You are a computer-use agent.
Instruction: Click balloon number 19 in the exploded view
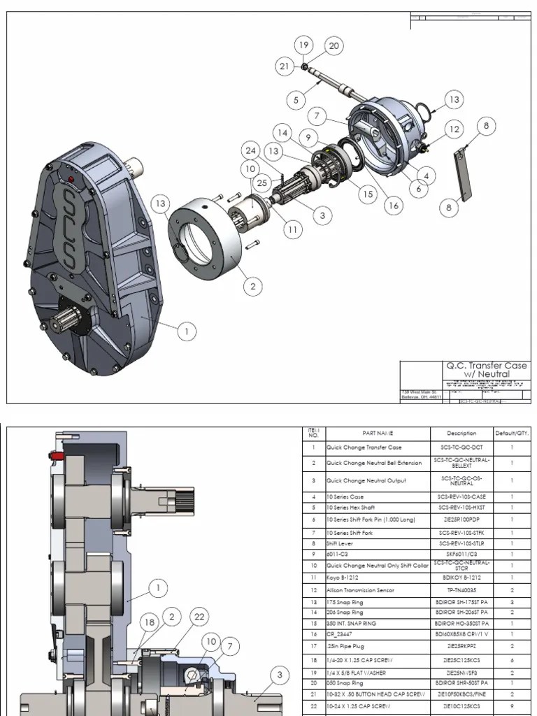click(303, 45)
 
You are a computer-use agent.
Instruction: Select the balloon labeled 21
click(284, 66)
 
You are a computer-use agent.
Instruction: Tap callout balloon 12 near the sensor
click(454, 129)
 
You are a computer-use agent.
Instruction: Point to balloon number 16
click(394, 206)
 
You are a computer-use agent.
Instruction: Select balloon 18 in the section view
click(149, 622)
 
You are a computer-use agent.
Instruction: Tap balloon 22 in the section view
click(199, 616)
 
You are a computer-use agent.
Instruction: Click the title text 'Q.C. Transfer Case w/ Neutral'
click(487, 369)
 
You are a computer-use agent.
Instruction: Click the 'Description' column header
click(461, 433)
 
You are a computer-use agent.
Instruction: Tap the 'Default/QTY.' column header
click(513, 433)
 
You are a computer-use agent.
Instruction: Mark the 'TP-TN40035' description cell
click(461, 589)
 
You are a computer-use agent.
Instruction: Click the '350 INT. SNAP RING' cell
click(352, 622)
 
